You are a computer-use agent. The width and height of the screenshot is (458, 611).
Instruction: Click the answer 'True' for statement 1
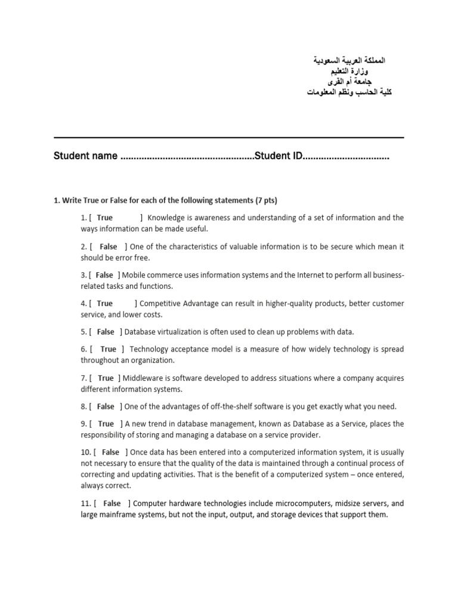[x=104, y=218]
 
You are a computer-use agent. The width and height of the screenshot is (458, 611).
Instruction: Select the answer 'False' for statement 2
[x=108, y=246]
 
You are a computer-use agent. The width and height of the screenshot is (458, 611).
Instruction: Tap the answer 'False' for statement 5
[x=105, y=332]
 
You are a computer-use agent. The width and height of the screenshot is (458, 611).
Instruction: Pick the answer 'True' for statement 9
[x=106, y=424]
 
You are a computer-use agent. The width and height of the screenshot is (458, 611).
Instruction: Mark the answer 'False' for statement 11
[x=112, y=504]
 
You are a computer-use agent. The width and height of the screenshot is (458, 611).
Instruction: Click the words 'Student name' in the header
[x=85, y=156]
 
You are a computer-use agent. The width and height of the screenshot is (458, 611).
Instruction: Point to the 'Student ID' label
[x=278, y=156]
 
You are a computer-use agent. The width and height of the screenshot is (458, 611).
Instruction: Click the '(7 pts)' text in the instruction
[x=266, y=200]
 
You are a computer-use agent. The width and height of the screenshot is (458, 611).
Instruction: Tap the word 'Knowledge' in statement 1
[x=166, y=218]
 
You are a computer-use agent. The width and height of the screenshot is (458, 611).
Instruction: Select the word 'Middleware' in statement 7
[x=144, y=378]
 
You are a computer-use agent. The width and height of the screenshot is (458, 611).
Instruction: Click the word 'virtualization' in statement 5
[x=183, y=332]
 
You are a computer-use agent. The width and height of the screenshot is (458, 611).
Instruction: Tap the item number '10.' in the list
[x=86, y=452]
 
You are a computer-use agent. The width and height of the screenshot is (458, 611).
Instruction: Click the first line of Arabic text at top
[x=349, y=61]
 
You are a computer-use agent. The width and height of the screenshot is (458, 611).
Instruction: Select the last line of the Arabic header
[x=349, y=92]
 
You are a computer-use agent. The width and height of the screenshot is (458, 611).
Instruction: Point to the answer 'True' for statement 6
[x=109, y=349]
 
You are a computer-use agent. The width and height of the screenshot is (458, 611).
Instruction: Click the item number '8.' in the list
[x=83, y=406]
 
